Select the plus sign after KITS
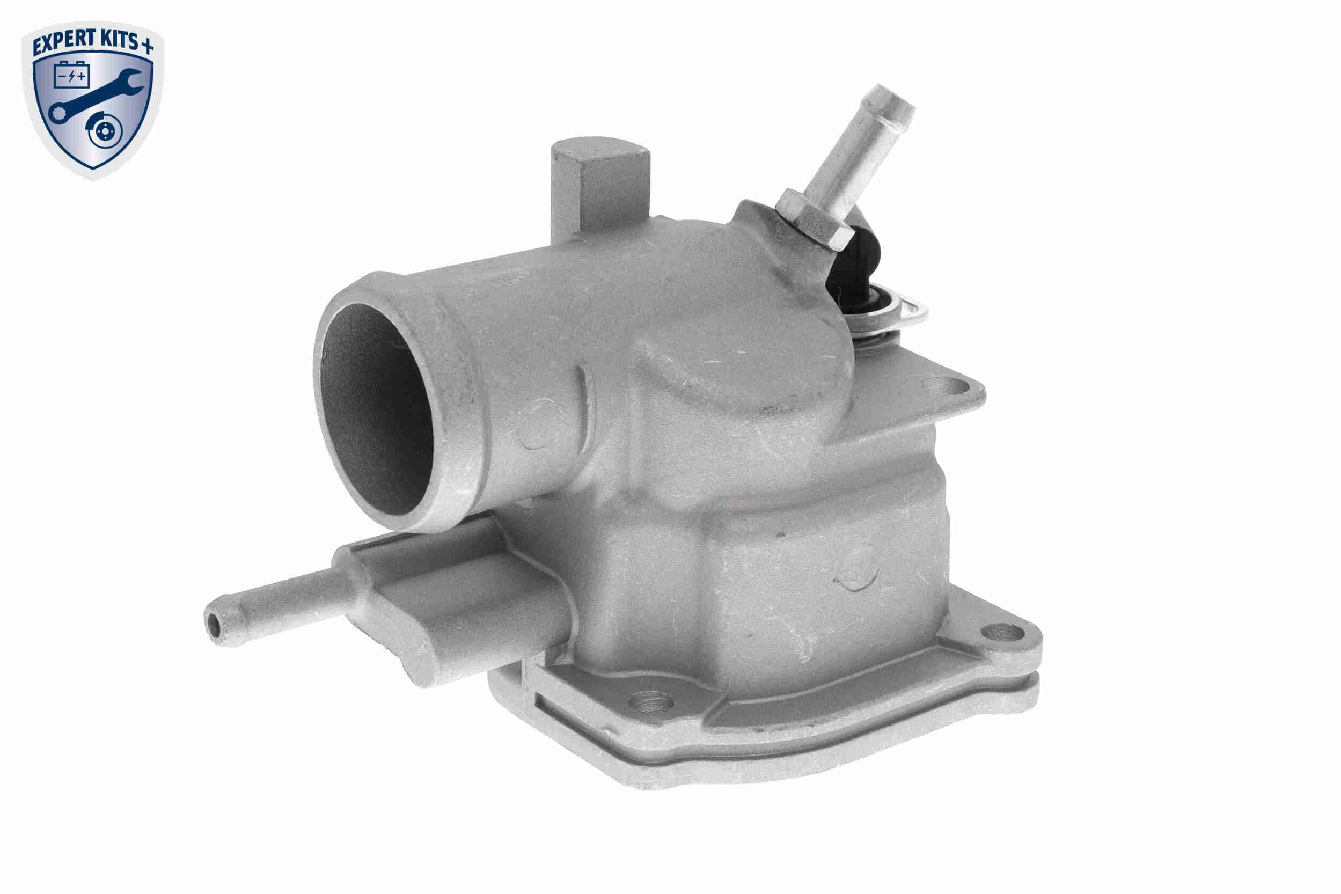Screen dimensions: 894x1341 (147, 46)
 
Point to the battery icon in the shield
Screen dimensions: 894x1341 (71, 75)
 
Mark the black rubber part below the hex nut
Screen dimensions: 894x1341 (855, 274)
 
